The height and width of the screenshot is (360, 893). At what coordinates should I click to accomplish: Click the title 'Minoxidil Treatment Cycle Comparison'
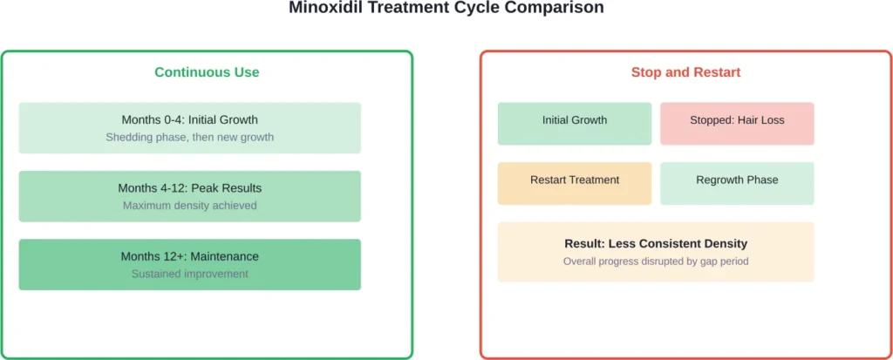coord(446,8)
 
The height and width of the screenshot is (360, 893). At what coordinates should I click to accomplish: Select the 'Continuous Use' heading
coord(207,72)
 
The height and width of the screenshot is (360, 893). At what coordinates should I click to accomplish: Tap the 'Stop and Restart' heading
coord(685,72)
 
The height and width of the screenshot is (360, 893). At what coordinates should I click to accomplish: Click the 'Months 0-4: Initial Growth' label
coord(189,120)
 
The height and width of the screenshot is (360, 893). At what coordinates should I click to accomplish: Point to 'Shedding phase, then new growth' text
coord(189,137)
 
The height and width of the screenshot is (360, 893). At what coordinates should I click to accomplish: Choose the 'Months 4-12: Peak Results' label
coord(189,188)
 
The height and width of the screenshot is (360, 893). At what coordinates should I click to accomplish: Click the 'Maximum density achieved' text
coord(189,206)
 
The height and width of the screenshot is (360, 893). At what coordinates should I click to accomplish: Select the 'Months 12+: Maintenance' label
coord(189,256)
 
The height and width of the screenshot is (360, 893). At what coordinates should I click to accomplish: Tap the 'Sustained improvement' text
coord(189,274)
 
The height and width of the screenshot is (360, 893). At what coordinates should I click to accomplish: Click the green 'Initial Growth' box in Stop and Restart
coord(574,124)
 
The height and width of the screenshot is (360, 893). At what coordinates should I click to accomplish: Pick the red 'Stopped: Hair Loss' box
coord(737,124)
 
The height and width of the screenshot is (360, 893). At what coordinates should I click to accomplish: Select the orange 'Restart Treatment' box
coord(574,183)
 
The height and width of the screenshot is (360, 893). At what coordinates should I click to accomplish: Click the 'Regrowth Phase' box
coord(737,183)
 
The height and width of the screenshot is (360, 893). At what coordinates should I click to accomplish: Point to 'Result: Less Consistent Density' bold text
coord(655,244)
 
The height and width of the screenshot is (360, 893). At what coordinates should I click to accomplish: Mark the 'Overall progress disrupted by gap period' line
coord(655,262)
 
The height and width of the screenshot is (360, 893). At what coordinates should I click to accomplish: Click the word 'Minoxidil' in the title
coord(324,8)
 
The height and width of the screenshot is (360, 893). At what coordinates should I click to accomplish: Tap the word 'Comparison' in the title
coord(560,8)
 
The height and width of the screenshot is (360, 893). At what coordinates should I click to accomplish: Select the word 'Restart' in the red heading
coord(714,72)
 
